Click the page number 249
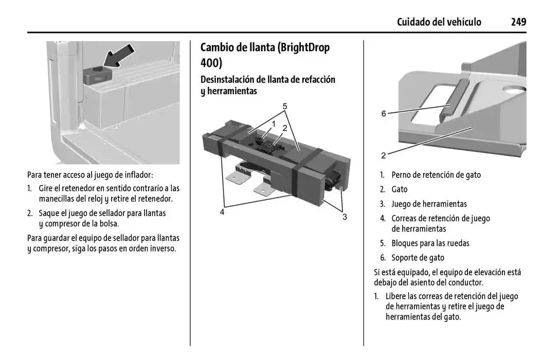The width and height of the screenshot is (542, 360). point(518,22)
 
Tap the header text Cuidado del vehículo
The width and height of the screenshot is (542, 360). point(439,22)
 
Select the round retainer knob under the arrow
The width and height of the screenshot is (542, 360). point(96,70)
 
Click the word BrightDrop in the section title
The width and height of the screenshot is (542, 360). point(303,48)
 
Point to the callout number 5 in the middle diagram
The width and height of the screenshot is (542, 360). point(284,106)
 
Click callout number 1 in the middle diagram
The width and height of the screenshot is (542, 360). point(274,124)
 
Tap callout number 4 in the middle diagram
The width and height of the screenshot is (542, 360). point(222,211)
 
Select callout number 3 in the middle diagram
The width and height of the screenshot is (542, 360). point(345,217)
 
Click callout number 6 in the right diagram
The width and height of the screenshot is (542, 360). point(384,114)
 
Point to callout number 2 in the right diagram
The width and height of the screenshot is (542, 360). point(384,155)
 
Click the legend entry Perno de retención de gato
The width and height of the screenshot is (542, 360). point(436,175)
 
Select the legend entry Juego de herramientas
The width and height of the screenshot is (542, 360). point(429,204)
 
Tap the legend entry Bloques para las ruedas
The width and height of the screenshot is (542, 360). point(430,243)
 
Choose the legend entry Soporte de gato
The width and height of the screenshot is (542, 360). point(418,258)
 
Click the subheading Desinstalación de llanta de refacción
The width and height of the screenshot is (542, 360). point(267,80)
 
